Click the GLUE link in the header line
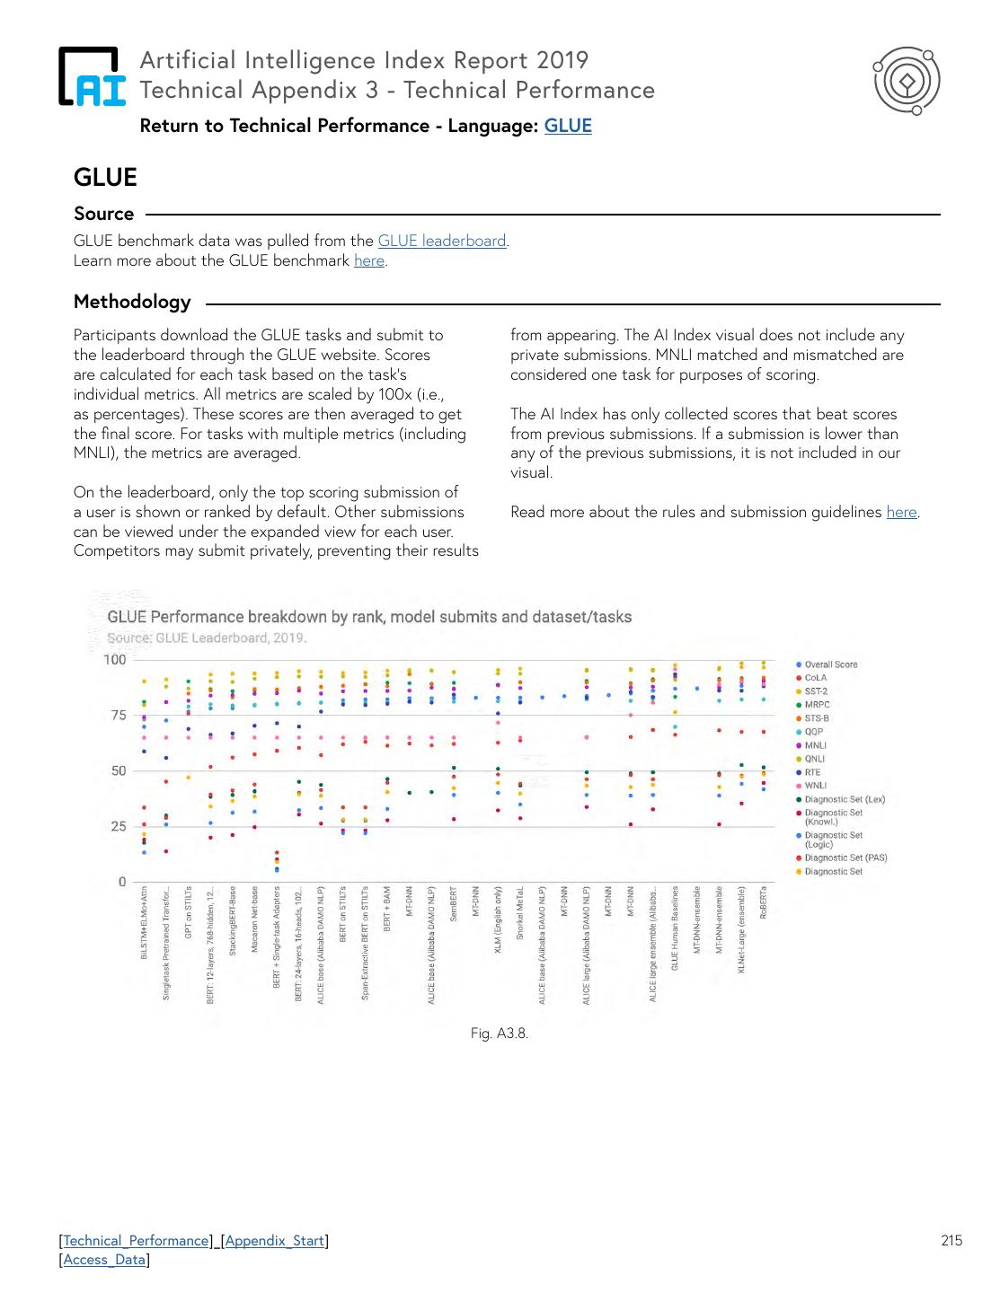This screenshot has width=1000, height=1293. pyautogui.click(x=568, y=126)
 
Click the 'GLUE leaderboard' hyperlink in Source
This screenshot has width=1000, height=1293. pyautogui.click(x=441, y=241)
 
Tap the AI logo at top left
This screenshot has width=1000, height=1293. pyautogui.click(x=92, y=76)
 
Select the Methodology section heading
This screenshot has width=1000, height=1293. pyautogui.click(x=132, y=302)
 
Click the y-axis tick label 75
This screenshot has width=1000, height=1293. pyautogui.click(x=117, y=716)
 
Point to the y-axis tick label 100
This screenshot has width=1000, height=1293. pyautogui.click(x=115, y=660)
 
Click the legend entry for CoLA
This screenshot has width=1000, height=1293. pyautogui.click(x=815, y=678)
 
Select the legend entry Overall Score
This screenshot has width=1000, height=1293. pyautogui.click(x=830, y=664)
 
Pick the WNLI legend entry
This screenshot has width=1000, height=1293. pyautogui.click(x=815, y=786)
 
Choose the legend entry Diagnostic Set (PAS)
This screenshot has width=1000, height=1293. pyautogui.click(x=845, y=858)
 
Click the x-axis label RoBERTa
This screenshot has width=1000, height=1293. pyautogui.click(x=764, y=902)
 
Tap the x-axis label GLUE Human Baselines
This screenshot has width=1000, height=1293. pyautogui.click(x=676, y=929)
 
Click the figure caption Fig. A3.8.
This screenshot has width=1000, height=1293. pyautogui.click(x=500, y=1034)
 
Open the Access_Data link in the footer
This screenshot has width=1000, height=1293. pyautogui.click(x=104, y=1260)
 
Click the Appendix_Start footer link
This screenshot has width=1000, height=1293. pyautogui.click(x=274, y=1241)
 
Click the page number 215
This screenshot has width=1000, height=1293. pyautogui.click(x=951, y=1241)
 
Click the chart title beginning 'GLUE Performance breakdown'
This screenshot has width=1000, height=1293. pyautogui.click(x=369, y=617)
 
